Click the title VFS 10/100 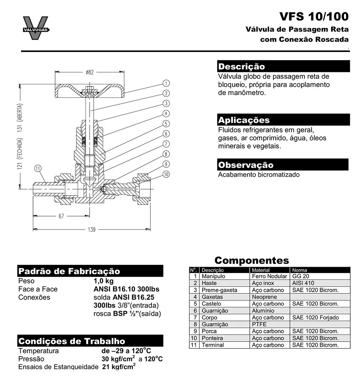click(313, 17)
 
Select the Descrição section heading click(241, 67)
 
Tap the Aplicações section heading click(244, 120)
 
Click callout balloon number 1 click(166, 83)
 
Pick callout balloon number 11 click(37, 169)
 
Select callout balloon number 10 click(166, 174)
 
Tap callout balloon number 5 click(166, 123)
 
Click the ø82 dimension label click(89, 73)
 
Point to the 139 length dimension click(91, 230)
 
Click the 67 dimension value click(61, 216)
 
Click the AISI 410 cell click(303, 283)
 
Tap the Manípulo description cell click(213, 276)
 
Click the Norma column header click(300, 270)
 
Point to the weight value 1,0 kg click(103, 281)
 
